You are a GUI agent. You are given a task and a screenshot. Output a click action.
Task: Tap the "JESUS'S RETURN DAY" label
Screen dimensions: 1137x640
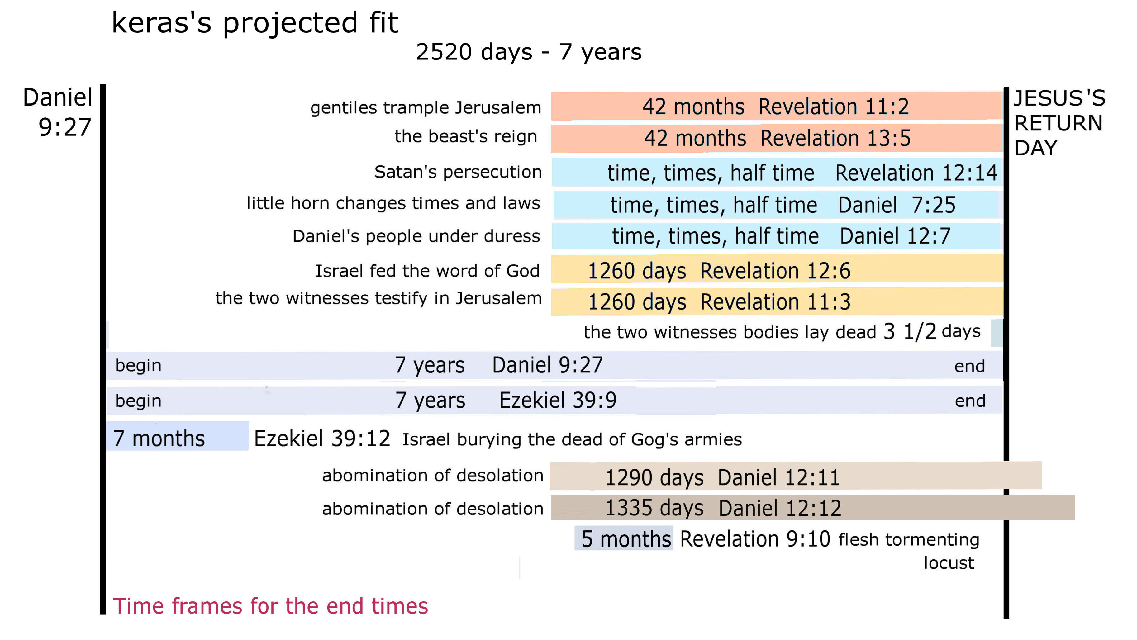tap(1059, 123)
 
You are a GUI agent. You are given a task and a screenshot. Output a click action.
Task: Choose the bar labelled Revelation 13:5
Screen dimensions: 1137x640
tap(776, 138)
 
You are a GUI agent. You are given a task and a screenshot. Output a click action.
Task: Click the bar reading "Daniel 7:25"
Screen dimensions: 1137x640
tap(776, 205)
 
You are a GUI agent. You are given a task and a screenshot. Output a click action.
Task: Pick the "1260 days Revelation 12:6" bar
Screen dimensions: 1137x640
tap(777, 269)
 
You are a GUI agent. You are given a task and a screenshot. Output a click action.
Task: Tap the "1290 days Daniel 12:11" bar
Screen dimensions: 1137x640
tap(795, 476)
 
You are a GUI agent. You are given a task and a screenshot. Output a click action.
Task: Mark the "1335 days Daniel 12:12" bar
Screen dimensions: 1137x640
tap(813, 508)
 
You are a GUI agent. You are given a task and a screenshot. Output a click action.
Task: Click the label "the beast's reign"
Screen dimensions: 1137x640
tap(466, 136)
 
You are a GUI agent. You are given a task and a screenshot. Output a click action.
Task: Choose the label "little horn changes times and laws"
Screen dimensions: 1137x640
tap(393, 203)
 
